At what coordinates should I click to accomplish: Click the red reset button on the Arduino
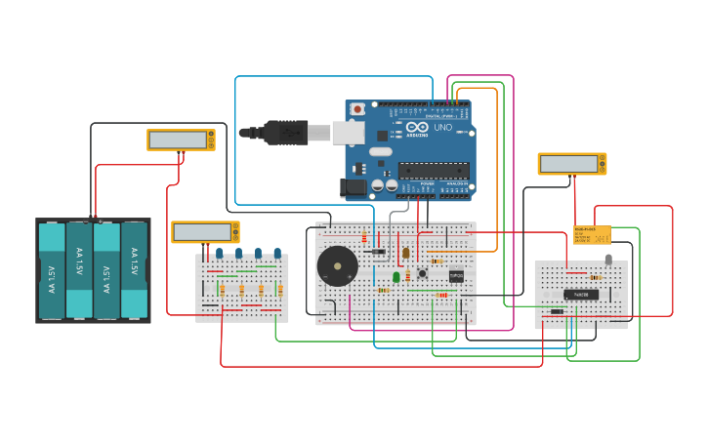tap(357, 108)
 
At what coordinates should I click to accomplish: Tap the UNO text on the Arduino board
tap(442, 128)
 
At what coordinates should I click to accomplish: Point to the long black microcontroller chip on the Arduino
tap(433, 170)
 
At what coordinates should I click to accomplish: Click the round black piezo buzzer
tap(337, 265)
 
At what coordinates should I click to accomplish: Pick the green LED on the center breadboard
tap(396, 277)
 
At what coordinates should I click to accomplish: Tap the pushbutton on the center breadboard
tap(422, 273)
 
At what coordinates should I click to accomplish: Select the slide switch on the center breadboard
tap(379, 252)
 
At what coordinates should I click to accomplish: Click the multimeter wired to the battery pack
tap(181, 140)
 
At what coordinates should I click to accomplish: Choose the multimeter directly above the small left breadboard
tap(205, 231)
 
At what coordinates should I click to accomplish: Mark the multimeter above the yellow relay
tap(571, 163)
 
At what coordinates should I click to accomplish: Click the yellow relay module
tap(592, 235)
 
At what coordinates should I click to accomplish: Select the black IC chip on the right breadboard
tap(580, 294)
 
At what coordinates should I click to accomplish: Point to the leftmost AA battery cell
tap(52, 269)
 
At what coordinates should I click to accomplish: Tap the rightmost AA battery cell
tap(134, 269)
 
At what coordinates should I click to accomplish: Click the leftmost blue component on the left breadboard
tap(220, 255)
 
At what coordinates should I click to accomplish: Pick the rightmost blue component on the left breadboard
tap(277, 255)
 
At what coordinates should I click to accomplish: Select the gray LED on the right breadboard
tap(608, 260)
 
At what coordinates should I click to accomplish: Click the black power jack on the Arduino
tap(353, 186)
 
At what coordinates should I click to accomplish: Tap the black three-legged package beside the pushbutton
tap(455, 276)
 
